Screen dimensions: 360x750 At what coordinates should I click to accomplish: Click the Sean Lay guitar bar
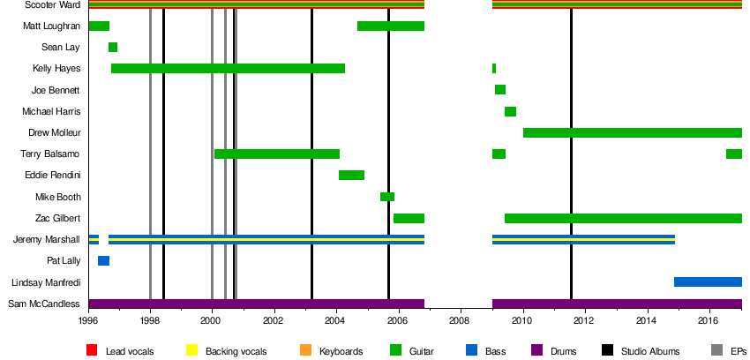pos(113,48)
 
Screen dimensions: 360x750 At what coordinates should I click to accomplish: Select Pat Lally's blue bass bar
pos(103,261)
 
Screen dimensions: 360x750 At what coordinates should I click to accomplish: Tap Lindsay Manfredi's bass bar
pos(708,282)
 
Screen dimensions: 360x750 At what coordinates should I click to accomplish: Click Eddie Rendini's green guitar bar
pos(351,176)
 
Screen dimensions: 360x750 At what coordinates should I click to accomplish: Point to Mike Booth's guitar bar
pos(387,197)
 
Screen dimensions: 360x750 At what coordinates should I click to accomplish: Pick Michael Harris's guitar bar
pos(510,112)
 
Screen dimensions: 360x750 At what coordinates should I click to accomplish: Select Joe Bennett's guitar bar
pos(500,90)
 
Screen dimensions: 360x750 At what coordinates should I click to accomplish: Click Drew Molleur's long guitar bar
pos(632,133)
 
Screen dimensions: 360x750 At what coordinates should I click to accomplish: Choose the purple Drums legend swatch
pos(536,351)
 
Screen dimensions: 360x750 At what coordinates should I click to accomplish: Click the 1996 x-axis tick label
pos(88,323)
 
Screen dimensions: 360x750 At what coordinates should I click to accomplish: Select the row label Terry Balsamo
pos(55,154)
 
